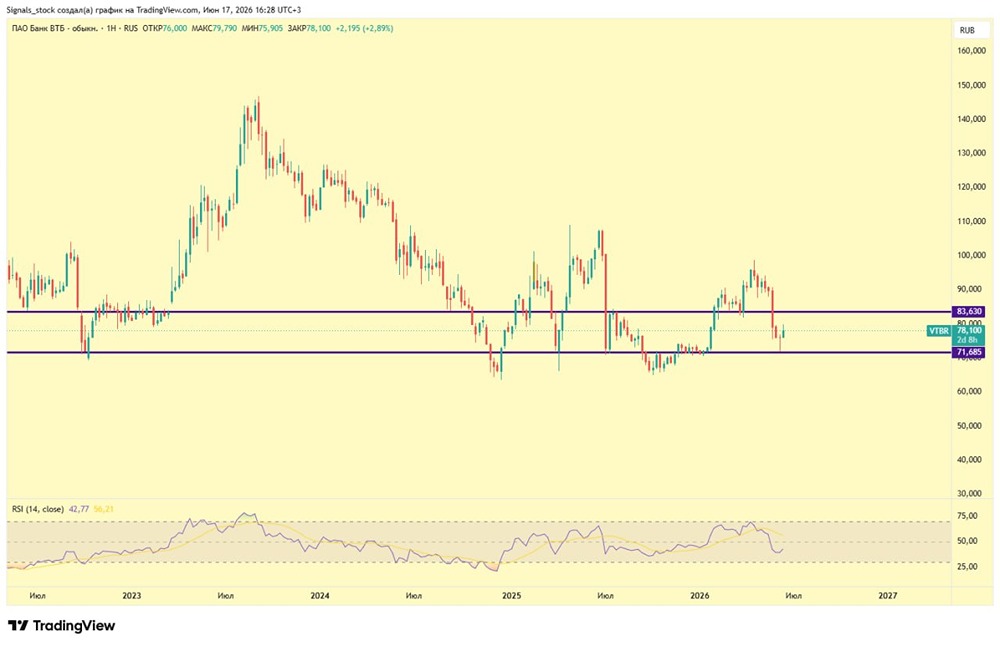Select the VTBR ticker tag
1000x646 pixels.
click(938, 331)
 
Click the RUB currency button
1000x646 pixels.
click(967, 30)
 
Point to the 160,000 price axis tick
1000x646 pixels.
click(971, 50)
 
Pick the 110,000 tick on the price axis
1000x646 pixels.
click(971, 221)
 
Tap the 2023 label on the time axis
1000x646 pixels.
click(131, 596)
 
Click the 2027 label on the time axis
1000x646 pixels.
click(888, 596)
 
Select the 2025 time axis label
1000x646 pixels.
click(511, 596)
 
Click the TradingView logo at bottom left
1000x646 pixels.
click(62, 626)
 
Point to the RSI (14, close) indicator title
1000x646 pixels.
click(38, 509)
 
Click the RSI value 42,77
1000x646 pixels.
click(78, 509)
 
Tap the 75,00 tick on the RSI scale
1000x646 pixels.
click(967, 516)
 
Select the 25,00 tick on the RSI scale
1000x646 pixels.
click(967, 566)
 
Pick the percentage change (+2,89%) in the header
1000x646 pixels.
click(378, 28)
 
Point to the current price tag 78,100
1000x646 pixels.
click(969, 330)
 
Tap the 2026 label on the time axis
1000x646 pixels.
click(700, 596)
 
